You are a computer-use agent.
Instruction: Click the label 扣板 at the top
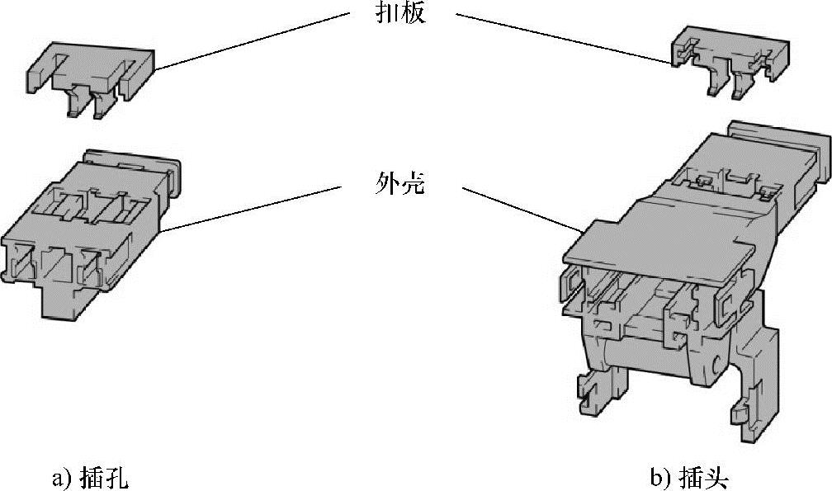(399, 13)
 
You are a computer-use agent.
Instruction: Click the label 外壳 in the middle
(399, 184)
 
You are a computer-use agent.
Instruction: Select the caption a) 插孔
(90, 477)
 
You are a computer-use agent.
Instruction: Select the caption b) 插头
(691, 477)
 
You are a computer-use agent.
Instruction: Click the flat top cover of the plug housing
(660, 231)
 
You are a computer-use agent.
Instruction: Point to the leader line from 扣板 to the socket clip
(248, 41)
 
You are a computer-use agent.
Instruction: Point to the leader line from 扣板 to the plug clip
(561, 37)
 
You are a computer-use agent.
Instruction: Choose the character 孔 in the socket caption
(116, 477)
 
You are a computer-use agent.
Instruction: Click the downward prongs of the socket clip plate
(87, 103)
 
